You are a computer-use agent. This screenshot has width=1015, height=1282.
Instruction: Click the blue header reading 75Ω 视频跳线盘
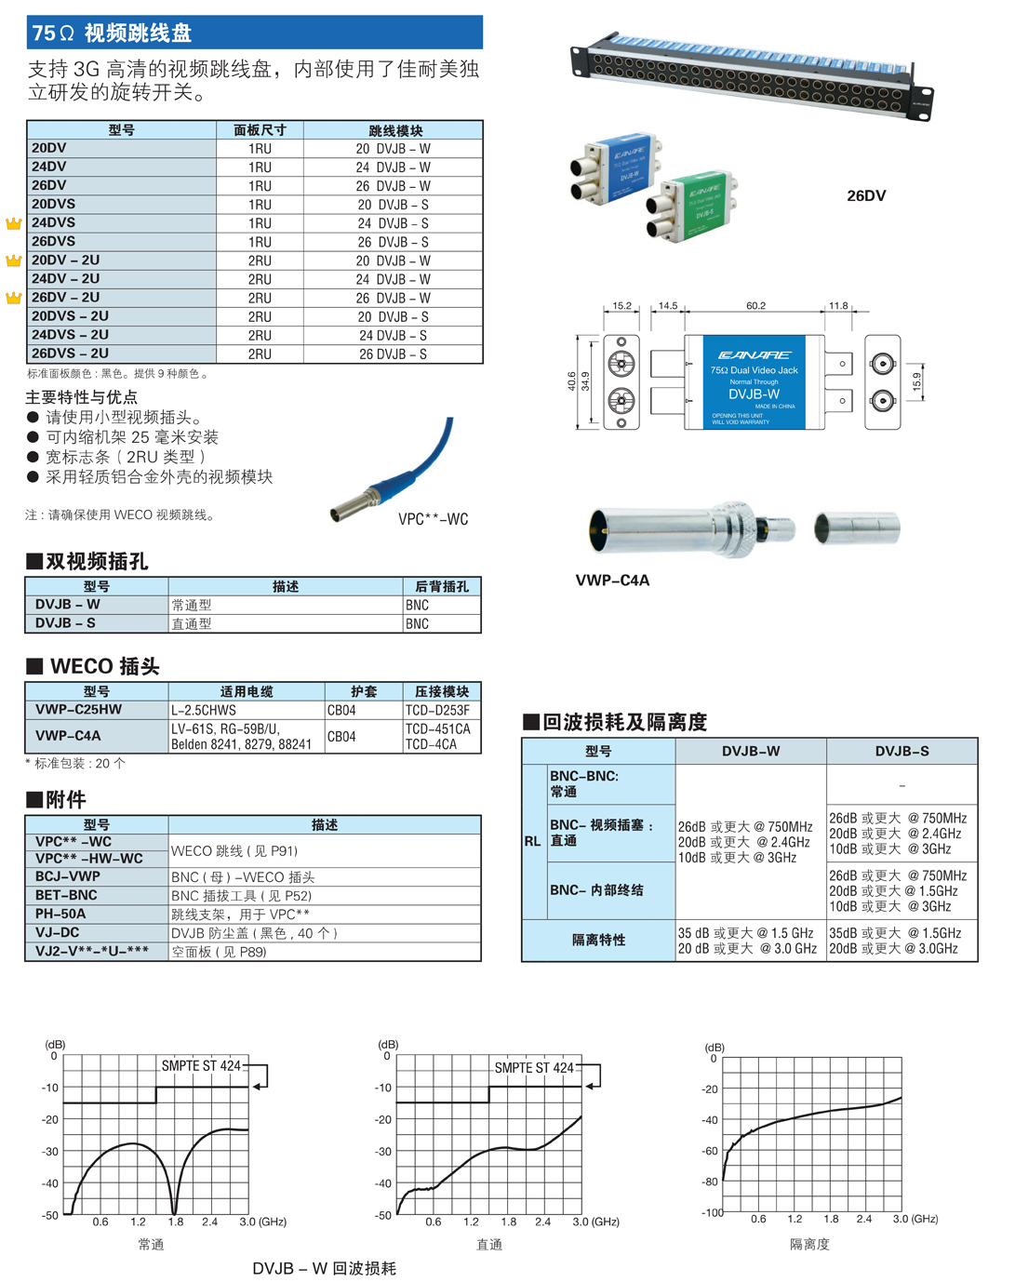(112, 33)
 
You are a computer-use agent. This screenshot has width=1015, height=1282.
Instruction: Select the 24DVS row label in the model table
(54, 223)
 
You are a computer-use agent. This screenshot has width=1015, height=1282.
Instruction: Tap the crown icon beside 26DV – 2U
(13, 299)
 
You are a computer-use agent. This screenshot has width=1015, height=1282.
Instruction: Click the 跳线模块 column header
(395, 131)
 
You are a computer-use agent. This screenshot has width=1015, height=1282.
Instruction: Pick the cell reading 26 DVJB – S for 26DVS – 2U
(393, 354)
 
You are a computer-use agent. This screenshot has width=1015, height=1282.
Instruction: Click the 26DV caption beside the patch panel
(866, 195)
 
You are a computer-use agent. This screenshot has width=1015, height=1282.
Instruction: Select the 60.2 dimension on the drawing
(755, 306)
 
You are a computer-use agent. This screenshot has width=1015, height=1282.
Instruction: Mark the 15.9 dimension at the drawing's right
(916, 381)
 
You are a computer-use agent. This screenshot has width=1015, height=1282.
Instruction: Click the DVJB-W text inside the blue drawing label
(754, 394)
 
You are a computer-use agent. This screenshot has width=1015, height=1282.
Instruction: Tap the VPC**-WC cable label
(433, 519)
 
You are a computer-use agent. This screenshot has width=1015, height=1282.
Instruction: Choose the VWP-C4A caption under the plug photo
(612, 581)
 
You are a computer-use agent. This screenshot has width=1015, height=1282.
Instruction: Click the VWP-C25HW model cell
(78, 710)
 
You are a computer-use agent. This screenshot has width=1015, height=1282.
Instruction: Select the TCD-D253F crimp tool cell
(437, 711)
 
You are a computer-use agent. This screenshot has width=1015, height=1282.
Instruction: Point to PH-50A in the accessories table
(60, 915)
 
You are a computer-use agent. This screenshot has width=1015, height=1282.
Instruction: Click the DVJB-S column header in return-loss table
(901, 752)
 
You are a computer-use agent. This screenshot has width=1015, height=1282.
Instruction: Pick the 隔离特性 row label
(598, 941)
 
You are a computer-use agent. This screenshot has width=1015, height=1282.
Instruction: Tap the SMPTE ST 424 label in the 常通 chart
(201, 1066)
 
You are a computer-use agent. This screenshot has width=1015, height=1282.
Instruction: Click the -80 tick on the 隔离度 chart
(710, 1182)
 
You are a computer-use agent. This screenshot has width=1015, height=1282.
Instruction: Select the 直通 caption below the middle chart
(489, 1245)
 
